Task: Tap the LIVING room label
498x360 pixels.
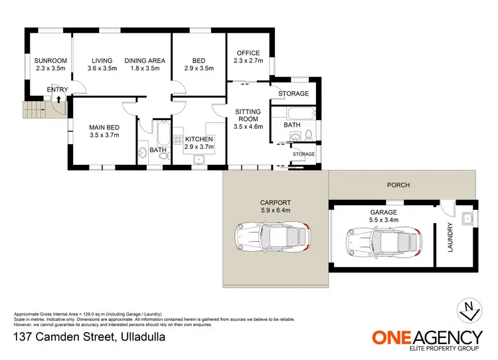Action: click(103, 60)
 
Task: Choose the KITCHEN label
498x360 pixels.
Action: click(199, 139)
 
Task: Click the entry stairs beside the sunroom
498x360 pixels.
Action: click(33, 110)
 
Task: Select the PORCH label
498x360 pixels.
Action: click(399, 185)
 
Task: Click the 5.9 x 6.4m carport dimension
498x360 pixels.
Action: click(276, 210)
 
